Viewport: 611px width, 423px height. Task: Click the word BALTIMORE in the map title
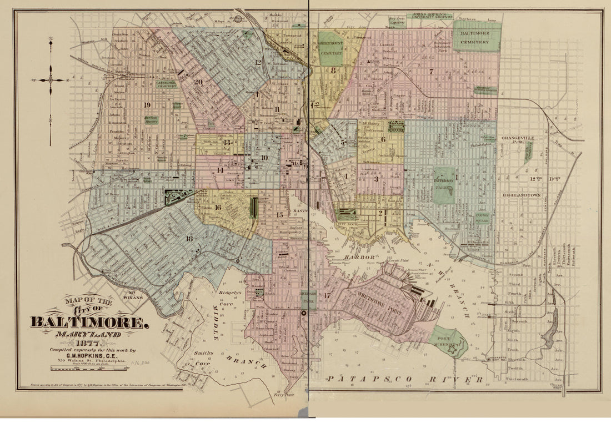tap(89, 322)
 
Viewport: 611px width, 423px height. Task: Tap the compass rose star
tap(51, 80)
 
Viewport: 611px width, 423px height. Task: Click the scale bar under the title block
tap(83, 367)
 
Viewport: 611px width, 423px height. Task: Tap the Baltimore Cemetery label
tap(477, 37)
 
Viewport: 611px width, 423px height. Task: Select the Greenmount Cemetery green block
tap(331, 49)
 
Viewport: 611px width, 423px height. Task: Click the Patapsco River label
tap(404, 379)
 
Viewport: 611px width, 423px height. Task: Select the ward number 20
tap(198, 81)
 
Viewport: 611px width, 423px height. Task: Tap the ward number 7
tap(430, 72)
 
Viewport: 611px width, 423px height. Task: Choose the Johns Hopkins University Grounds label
tap(432, 16)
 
